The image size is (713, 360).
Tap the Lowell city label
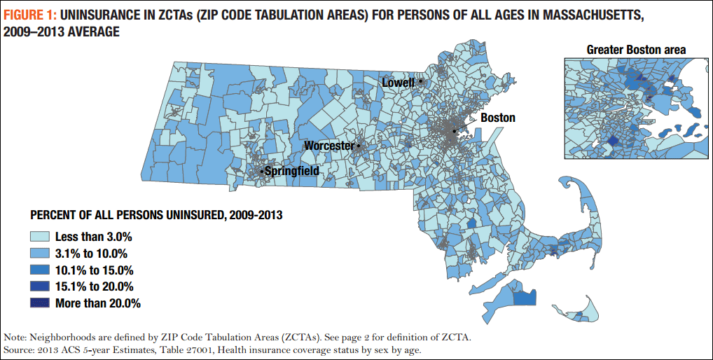(x=398, y=83)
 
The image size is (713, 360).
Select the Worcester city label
(x=328, y=146)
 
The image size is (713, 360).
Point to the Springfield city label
(x=292, y=170)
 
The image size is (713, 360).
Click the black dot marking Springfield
(x=262, y=171)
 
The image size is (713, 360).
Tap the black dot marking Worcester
(x=359, y=146)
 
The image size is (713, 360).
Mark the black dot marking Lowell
(x=420, y=81)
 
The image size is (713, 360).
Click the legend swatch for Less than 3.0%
(x=40, y=237)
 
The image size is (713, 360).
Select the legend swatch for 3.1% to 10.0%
(x=40, y=254)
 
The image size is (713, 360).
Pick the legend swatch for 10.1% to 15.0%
(x=40, y=270)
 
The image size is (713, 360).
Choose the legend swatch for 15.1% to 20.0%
(x=40, y=286)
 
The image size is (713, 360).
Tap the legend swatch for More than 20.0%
(x=40, y=303)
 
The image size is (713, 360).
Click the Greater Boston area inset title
(x=635, y=49)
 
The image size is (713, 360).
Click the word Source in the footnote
(x=20, y=349)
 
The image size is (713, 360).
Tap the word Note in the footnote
(x=16, y=337)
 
